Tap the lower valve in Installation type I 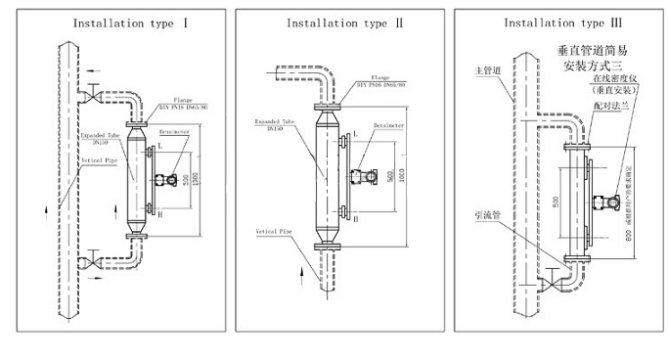coord(91,261)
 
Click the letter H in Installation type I coord(164,208)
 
